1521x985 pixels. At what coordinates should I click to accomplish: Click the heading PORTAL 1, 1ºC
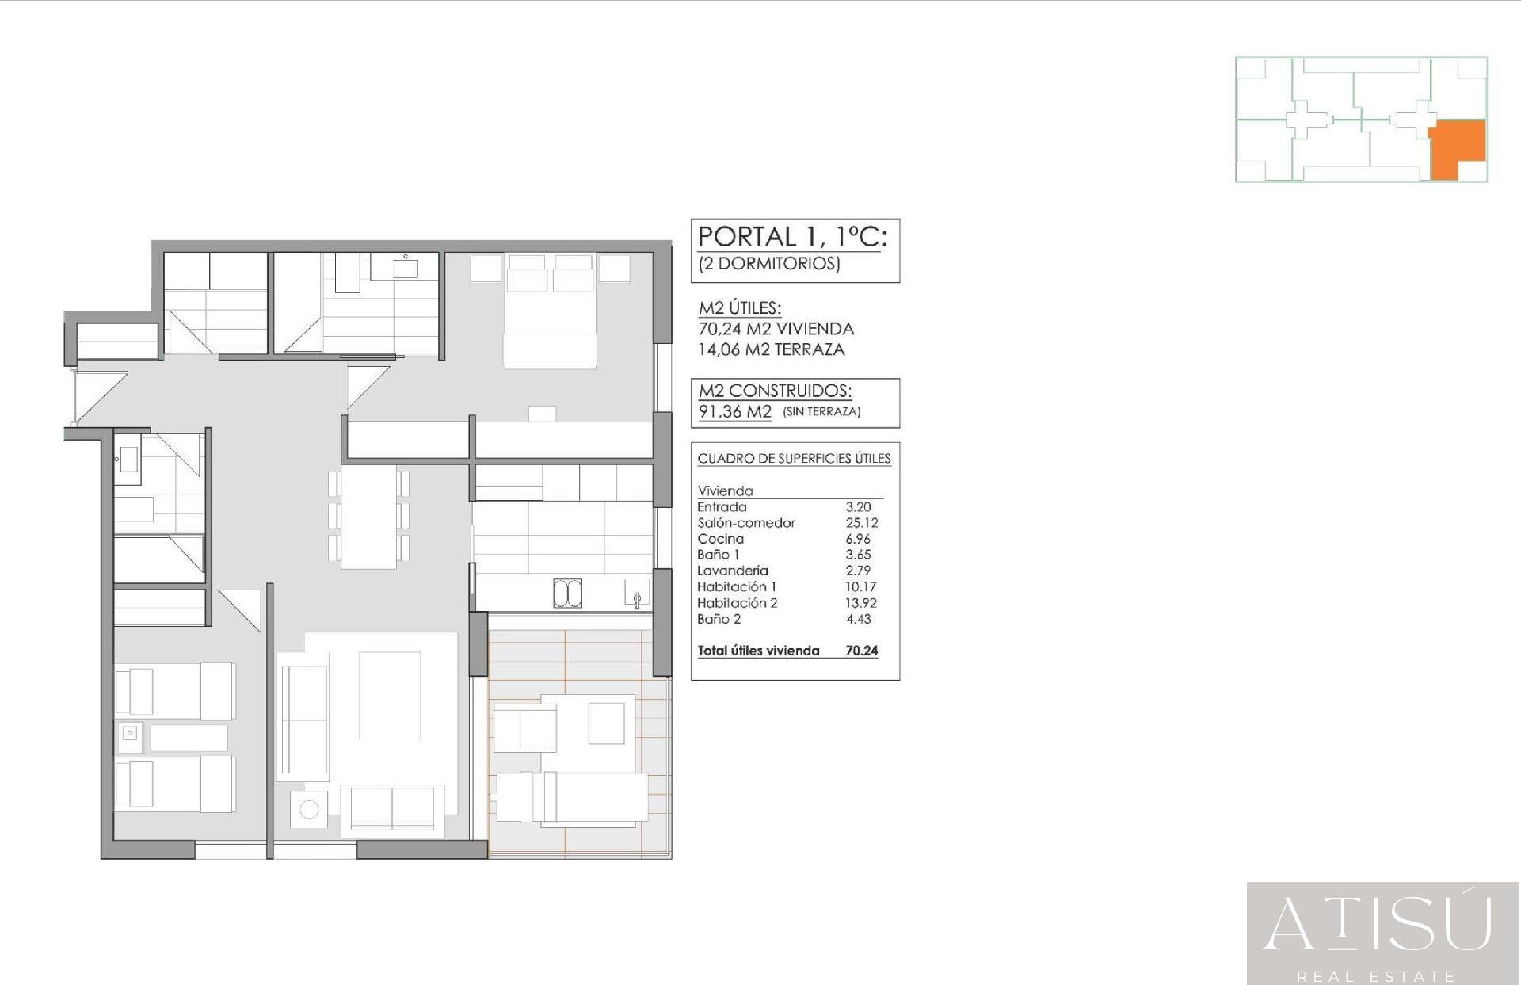(x=791, y=237)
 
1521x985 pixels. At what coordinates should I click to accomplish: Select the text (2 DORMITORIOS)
(x=768, y=264)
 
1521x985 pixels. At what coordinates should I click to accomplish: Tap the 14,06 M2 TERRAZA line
(x=771, y=349)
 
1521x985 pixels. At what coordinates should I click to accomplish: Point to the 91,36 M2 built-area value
(x=734, y=411)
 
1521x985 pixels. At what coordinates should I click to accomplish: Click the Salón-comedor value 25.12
(x=861, y=523)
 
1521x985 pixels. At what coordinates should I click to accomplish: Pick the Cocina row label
(x=720, y=539)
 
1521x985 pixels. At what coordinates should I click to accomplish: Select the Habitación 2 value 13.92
(x=860, y=603)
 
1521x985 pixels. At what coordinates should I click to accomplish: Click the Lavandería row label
(x=732, y=571)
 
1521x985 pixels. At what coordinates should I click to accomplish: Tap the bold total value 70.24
(x=861, y=651)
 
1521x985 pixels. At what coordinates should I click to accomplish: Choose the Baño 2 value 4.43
(x=858, y=620)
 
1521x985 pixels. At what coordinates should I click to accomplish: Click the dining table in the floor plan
(x=368, y=517)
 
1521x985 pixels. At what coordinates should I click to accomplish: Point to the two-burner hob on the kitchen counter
(x=567, y=594)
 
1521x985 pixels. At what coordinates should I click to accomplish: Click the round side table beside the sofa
(x=309, y=809)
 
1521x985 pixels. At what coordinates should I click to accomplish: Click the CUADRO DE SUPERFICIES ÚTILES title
(x=794, y=459)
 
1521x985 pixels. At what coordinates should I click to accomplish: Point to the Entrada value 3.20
(x=858, y=507)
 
